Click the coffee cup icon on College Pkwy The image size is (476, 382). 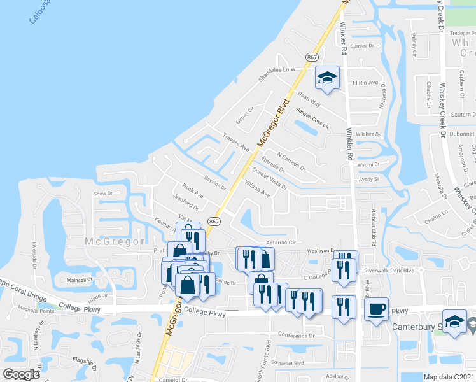[377, 309]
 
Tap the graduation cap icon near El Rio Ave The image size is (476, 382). [327, 79]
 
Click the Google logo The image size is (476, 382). [22, 374]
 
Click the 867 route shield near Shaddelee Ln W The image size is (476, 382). [312, 57]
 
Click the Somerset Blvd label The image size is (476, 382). [286, 363]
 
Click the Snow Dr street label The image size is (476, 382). [102, 193]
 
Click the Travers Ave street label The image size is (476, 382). [236, 141]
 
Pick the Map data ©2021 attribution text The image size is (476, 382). [449, 377]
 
